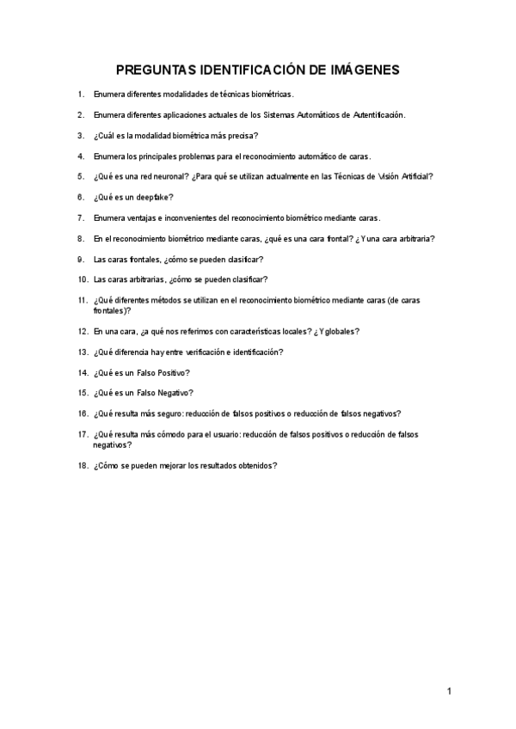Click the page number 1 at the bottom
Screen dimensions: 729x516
(x=449, y=690)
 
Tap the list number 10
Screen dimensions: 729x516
(x=83, y=279)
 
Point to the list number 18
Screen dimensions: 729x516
(x=83, y=465)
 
